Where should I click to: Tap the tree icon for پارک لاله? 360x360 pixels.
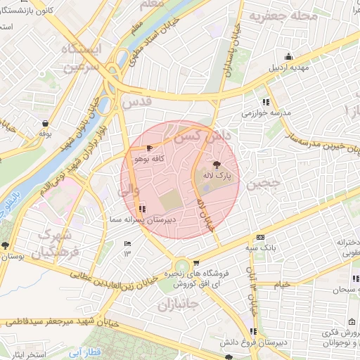214,163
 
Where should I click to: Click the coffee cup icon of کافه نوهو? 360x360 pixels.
149,148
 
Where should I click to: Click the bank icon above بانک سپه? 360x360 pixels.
260,237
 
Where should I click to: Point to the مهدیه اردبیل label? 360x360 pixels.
292,69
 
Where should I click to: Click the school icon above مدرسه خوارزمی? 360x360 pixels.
265,101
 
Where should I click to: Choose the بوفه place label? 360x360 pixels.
45,133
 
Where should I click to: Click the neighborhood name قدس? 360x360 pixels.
136,102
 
